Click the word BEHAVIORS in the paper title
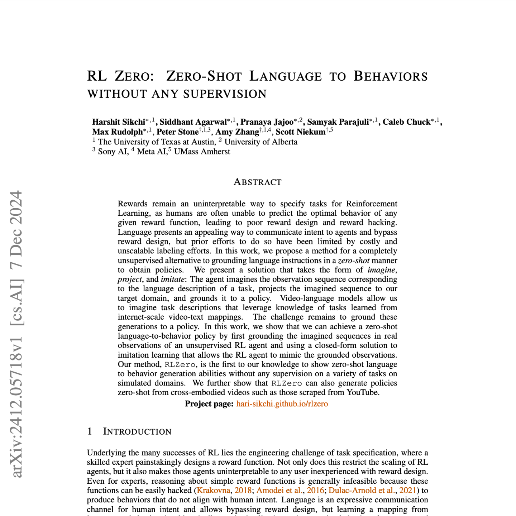point(391,76)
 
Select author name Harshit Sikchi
point(119,122)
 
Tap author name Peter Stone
point(177,132)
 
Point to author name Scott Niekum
point(300,132)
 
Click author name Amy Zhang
point(237,132)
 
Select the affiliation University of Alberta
point(261,142)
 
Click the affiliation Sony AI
point(113,152)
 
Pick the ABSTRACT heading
point(258,182)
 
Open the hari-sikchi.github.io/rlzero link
point(282,404)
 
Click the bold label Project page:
point(209,404)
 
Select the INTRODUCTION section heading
point(137,431)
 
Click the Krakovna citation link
point(214,491)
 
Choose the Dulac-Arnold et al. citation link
point(362,491)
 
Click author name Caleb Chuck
point(406,122)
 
